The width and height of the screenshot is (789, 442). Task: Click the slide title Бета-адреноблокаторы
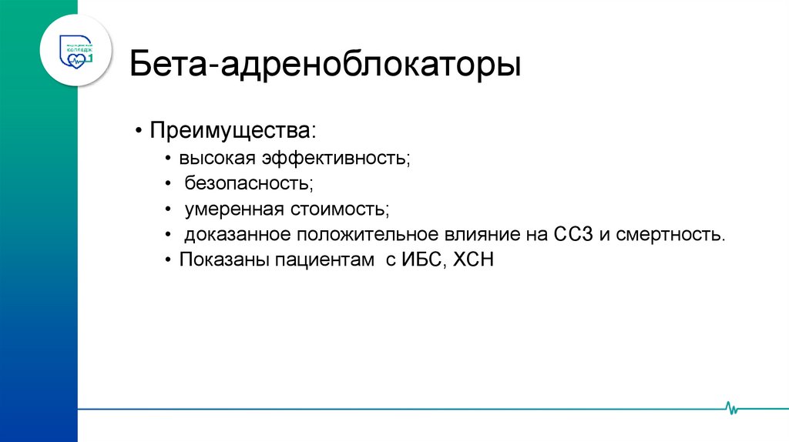tap(324, 65)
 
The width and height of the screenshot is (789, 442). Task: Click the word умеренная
tap(236, 209)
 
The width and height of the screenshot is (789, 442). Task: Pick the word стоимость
tap(340, 209)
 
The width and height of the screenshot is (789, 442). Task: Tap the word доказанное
tap(237, 234)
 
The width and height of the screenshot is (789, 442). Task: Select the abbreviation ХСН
tap(473, 260)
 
